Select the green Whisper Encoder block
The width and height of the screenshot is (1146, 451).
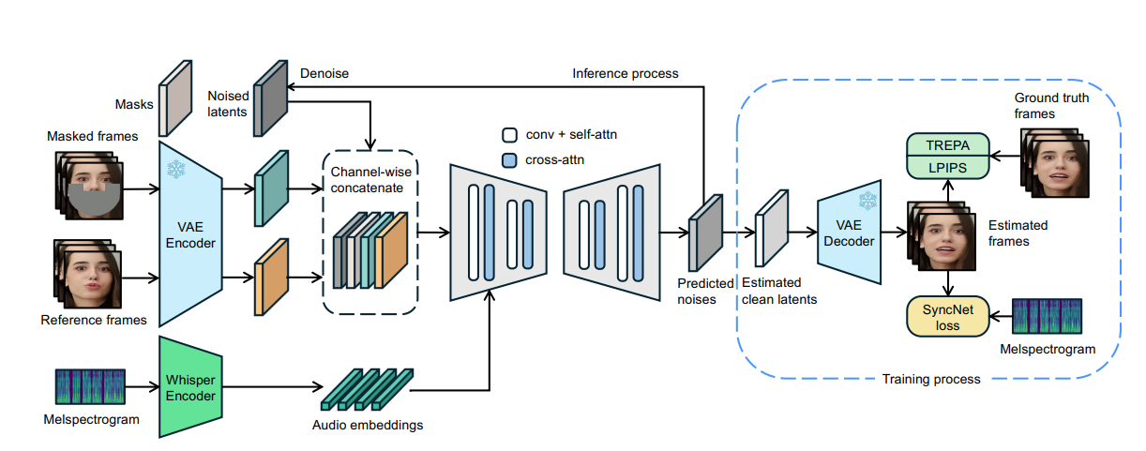tap(190, 386)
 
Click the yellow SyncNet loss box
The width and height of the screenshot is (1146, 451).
tap(949, 316)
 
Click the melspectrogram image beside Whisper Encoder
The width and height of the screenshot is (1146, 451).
tap(88, 385)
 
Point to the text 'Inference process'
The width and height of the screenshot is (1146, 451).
tap(626, 73)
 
